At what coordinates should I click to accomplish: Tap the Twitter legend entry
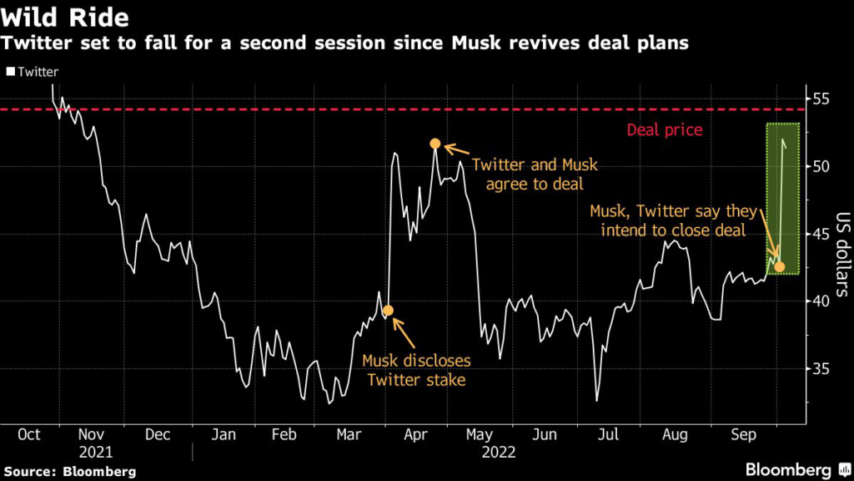[33, 72]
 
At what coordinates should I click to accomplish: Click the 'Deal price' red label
[664, 130]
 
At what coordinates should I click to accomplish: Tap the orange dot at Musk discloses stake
[388, 311]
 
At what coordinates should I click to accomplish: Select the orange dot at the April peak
[435, 144]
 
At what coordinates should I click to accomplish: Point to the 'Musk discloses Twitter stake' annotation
[416, 371]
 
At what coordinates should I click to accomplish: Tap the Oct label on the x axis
[29, 435]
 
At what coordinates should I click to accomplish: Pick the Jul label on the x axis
[609, 435]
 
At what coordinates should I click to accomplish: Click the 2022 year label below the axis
[498, 452]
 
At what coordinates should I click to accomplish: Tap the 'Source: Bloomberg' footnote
[68, 471]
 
